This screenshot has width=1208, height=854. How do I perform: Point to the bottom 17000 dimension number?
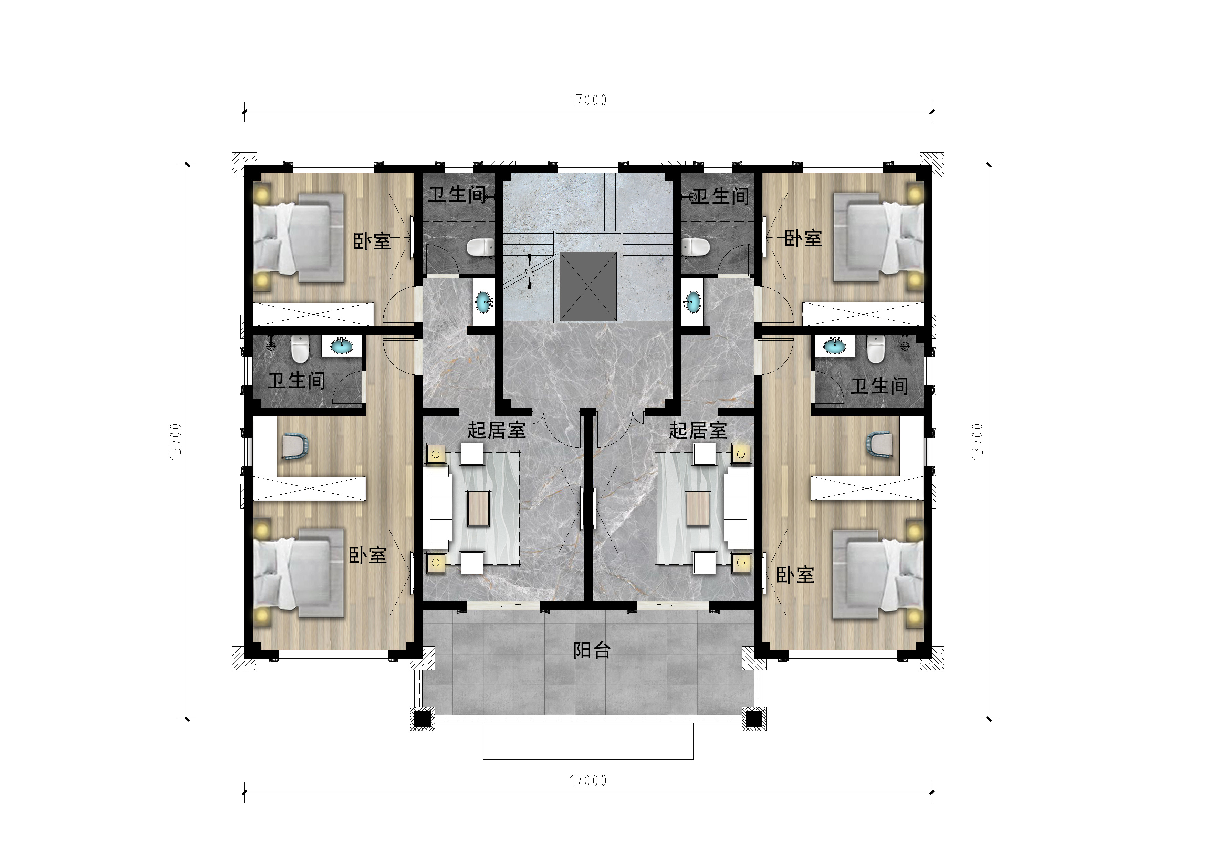pyautogui.click(x=588, y=781)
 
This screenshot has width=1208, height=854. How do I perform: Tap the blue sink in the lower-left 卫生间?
pyautogui.click(x=343, y=346)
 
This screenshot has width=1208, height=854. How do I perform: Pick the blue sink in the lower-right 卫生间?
pyautogui.click(x=834, y=346)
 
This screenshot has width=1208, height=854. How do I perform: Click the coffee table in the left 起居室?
pyautogui.click(x=479, y=508)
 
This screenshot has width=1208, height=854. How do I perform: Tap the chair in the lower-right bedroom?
pyautogui.click(x=881, y=444)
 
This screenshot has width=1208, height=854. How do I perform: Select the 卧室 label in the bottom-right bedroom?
pyautogui.click(x=795, y=575)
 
